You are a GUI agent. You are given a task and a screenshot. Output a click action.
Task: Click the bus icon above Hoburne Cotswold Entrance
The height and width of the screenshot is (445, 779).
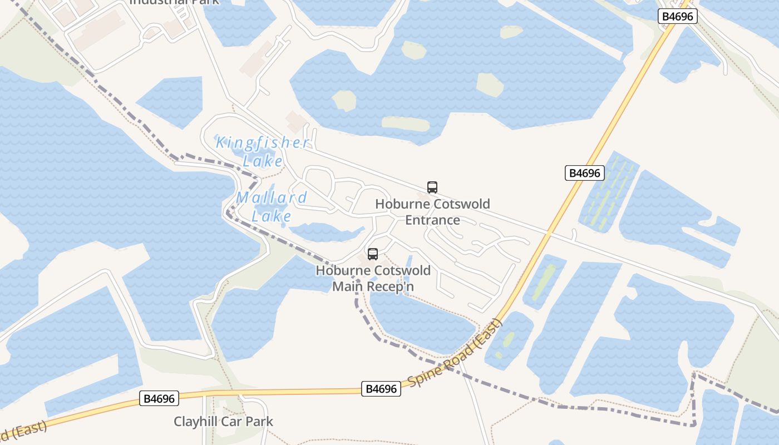[x=432, y=187]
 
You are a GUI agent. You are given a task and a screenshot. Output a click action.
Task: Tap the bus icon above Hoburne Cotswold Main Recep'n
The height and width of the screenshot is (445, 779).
[x=373, y=254]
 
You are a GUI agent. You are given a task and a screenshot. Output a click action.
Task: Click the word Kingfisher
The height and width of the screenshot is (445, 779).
[x=262, y=143]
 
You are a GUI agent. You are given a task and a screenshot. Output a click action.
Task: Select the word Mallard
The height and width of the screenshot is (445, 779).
[x=272, y=197]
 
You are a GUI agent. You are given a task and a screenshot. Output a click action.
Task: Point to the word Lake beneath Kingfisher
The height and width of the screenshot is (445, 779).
[x=263, y=161]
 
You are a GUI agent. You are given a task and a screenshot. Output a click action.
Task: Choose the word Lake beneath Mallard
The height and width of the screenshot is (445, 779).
[x=272, y=216]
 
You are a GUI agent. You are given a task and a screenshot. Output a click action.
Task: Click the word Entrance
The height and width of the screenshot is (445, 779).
[x=432, y=220]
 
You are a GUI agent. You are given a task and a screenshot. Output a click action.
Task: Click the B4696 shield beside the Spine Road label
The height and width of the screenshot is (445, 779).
[x=382, y=389]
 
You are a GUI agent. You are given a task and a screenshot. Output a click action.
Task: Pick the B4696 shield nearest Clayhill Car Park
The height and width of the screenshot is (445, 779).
[x=159, y=398]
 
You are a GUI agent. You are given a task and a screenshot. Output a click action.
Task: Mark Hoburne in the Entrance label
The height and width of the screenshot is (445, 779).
[x=398, y=204]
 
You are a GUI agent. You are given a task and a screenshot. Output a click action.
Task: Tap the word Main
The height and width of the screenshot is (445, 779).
[x=347, y=286]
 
